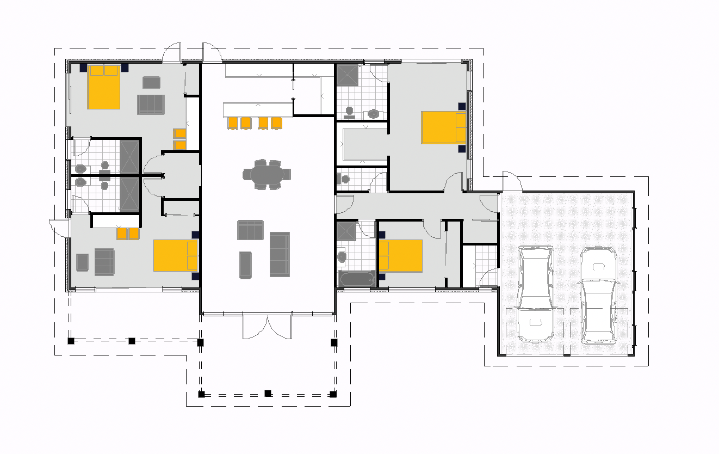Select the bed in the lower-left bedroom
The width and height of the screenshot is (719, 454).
click(175, 255)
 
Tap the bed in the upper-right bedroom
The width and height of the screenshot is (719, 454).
click(443, 127)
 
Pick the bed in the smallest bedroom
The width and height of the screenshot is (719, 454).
click(401, 255)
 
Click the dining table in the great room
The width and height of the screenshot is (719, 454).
click(266, 175)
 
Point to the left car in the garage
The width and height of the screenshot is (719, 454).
click(535, 294)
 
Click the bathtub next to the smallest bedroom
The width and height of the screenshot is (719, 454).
click(357, 279)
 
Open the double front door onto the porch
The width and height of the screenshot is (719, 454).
click(266, 326)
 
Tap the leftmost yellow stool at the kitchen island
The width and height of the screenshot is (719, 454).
click(233, 123)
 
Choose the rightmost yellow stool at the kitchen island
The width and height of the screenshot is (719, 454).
click(277, 123)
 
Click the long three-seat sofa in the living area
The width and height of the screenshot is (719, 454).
click(280, 254)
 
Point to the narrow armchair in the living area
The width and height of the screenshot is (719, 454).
click(245, 265)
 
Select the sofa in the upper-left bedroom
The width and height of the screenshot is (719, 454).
click(151, 105)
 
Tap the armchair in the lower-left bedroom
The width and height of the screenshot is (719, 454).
click(82, 262)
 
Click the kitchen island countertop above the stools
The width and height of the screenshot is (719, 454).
click(257, 109)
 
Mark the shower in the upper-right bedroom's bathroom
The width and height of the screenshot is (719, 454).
click(347, 76)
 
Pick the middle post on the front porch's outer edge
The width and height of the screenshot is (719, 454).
click(268, 393)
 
